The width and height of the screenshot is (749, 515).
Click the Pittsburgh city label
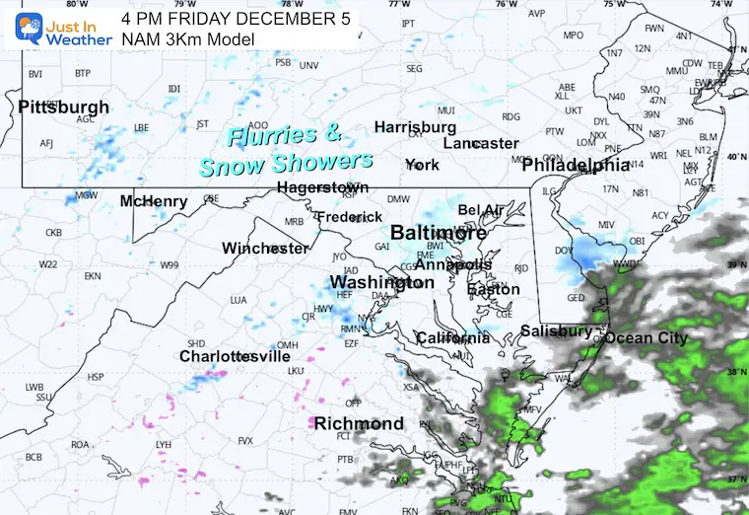(63, 107)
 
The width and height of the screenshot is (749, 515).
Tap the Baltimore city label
(439, 234)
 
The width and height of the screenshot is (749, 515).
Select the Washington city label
(379, 283)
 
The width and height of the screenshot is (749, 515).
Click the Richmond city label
(359, 423)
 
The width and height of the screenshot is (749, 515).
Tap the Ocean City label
(646, 338)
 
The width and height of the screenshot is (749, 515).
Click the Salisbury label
(556, 331)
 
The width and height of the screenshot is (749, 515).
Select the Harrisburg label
(415, 127)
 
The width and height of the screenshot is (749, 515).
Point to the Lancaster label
(480, 143)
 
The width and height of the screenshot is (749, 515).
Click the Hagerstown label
(322, 186)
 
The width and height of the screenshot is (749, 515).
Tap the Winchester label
(265, 248)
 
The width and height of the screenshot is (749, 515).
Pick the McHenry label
(153, 201)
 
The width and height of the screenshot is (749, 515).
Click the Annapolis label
(452, 265)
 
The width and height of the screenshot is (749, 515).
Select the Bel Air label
(480, 210)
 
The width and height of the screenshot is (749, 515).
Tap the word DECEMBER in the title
(282, 19)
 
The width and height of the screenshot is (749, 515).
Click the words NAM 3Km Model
(187, 39)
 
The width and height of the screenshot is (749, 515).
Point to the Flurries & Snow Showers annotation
(286, 149)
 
